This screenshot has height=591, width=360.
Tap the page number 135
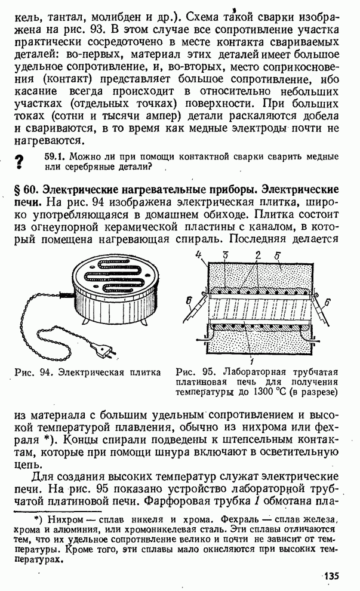point(331,576)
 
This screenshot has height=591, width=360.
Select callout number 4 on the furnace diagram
point(199,255)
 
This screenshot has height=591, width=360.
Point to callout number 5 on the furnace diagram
point(276,256)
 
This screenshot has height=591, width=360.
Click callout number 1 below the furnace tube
point(251,363)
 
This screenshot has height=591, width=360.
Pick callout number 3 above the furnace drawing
point(225,255)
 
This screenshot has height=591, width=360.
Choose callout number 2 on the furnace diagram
point(258,255)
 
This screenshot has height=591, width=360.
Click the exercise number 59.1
point(56,156)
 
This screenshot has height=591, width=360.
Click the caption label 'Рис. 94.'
point(32,373)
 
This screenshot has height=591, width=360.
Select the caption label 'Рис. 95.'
point(193,372)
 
